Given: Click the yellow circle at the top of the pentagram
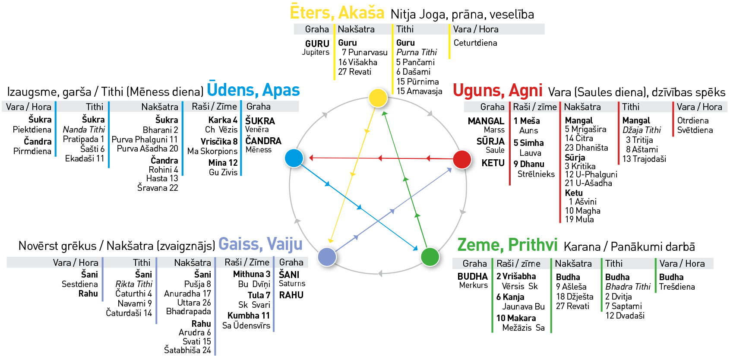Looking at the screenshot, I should pyautogui.click(x=378, y=98).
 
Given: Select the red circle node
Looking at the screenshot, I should pyautogui.click(x=462, y=159).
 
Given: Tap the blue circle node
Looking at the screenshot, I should pyautogui.click(x=294, y=158).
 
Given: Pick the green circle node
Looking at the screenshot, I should pyautogui.click(x=430, y=257).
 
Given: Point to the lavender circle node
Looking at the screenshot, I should pyautogui.click(x=327, y=257).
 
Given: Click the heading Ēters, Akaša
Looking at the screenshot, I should pyautogui.click(x=337, y=13).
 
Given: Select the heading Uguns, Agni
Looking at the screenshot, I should pyautogui.click(x=497, y=91).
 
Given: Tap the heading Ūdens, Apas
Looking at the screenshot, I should pyautogui.click(x=253, y=90).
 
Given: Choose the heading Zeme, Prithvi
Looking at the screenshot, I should pyautogui.click(x=507, y=245).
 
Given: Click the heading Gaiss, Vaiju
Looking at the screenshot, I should pyautogui.click(x=260, y=244).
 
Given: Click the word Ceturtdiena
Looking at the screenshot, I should pyautogui.click(x=475, y=43).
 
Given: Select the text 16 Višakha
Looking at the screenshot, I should pyautogui.click(x=357, y=62).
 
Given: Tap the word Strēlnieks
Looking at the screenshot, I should pyautogui.click(x=536, y=174).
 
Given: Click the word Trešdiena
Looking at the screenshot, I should pyautogui.click(x=677, y=287).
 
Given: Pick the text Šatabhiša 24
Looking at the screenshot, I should pyautogui.click(x=187, y=350).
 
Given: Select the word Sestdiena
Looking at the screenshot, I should pyautogui.click(x=79, y=284).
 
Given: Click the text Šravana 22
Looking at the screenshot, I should pyautogui.click(x=158, y=188).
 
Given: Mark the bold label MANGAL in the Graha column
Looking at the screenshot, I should pyautogui.click(x=486, y=121).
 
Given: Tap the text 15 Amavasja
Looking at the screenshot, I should pyautogui.click(x=419, y=91).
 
